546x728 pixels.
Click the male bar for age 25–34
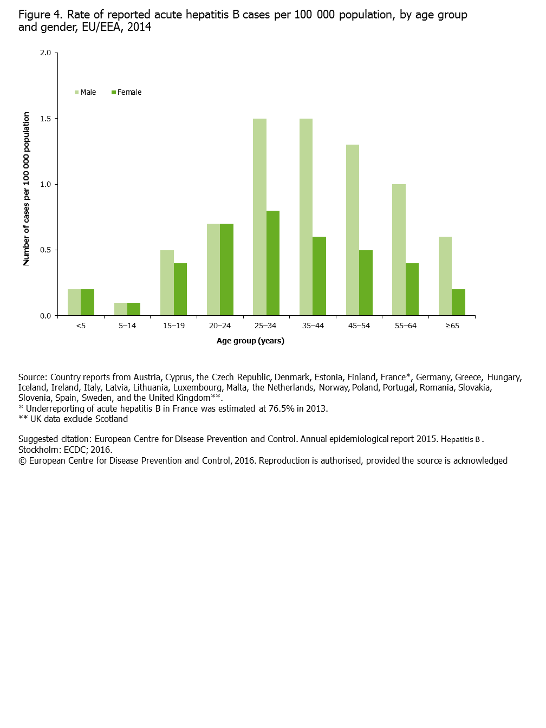point(259,217)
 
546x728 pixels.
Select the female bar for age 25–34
point(273,263)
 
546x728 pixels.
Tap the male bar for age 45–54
point(353,230)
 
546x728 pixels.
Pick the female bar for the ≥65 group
point(458,302)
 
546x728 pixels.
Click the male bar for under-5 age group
point(74,302)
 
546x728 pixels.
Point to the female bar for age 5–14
point(134,309)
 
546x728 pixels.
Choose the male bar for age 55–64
point(399,250)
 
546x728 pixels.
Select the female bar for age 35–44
point(320,276)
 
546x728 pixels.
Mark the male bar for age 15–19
point(167,283)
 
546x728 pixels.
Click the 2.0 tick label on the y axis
point(45,53)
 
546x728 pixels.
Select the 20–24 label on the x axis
point(220,326)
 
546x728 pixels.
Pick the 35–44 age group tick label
point(313,326)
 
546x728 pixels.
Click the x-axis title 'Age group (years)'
point(250,341)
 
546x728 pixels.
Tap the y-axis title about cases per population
point(26,189)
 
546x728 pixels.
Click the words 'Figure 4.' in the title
point(41,15)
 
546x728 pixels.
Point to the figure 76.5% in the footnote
point(281,408)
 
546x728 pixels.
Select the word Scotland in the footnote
point(111,419)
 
